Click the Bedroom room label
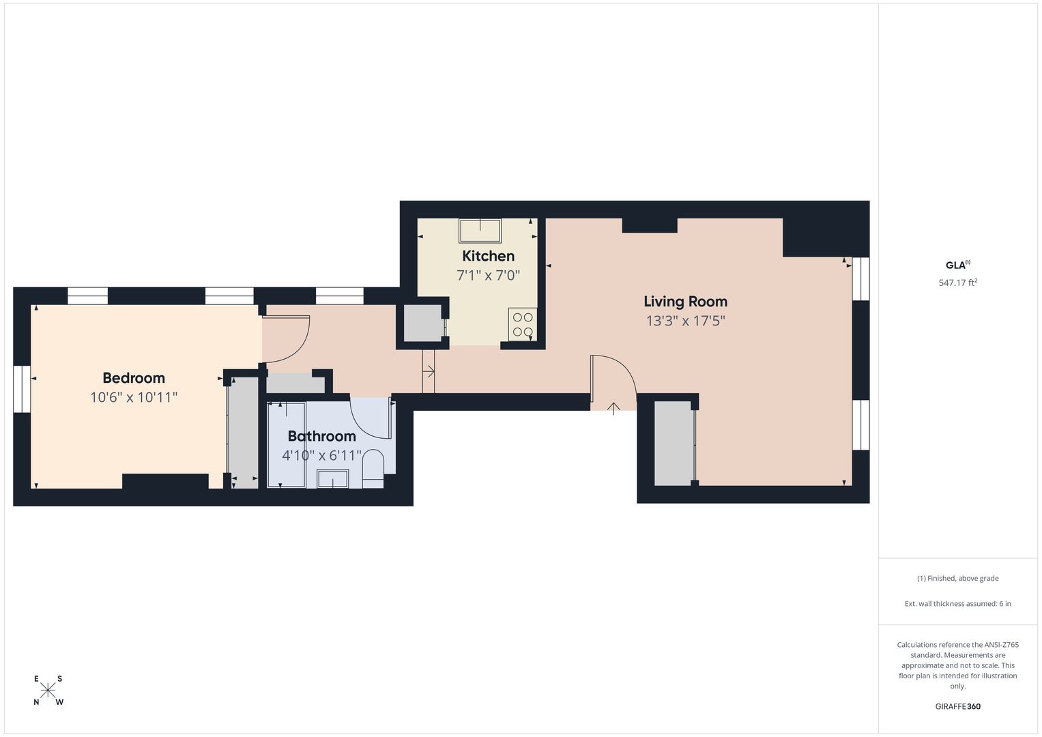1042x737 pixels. click(x=134, y=378)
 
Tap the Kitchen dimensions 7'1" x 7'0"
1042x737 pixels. click(x=488, y=276)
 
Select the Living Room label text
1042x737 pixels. click(x=685, y=302)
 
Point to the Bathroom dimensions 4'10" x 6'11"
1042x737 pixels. click(x=321, y=455)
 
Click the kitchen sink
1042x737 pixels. click(x=480, y=231)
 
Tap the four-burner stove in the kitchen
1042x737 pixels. click(x=523, y=324)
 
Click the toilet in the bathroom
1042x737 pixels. click(x=373, y=468)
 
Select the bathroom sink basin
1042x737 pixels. click(x=332, y=479)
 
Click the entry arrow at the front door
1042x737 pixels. click(x=613, y=408)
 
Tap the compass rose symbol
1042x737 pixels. click(x=48, y=690)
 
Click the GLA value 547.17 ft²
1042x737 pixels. click(x=958, y=283)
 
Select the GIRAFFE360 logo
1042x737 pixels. click(x=958, y=706)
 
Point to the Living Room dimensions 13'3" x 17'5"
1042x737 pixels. click(x=686, y=321)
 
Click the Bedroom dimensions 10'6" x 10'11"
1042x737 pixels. click(x=134, y=397)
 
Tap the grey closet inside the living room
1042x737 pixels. click(x=674, y=443)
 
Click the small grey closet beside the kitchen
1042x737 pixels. click(x=422, y=323)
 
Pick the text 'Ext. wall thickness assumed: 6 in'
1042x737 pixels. click(x=958, y=603)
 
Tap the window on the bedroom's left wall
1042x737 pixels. click(x=21, y=390)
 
